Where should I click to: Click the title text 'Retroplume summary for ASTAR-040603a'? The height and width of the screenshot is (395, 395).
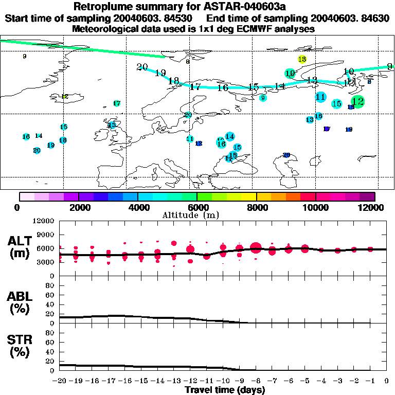197,7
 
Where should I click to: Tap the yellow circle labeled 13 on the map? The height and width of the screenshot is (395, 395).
302,60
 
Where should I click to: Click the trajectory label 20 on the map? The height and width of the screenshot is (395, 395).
142,67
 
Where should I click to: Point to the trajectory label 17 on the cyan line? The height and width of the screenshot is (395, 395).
195,87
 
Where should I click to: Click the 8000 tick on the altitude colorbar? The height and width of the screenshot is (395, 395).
256,207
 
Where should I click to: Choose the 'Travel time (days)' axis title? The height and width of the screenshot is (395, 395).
224,390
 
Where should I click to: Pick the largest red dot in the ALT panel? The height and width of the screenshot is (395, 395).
256,248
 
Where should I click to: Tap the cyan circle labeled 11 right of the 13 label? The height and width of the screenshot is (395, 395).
320,97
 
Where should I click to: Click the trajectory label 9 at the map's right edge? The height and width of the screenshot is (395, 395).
389,66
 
